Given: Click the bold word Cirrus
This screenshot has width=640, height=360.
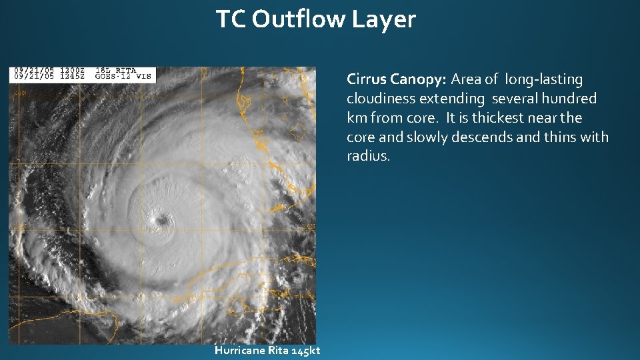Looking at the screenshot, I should [367, 79].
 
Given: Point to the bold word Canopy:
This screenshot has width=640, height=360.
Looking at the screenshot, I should [418, 80].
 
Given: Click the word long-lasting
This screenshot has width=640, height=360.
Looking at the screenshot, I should [544, 80].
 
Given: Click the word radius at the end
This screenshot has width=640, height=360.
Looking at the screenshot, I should [368, 156].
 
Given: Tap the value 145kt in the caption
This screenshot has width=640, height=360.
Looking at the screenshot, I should [306, 351].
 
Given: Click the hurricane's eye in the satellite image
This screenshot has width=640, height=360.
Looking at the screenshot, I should [161, 219].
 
